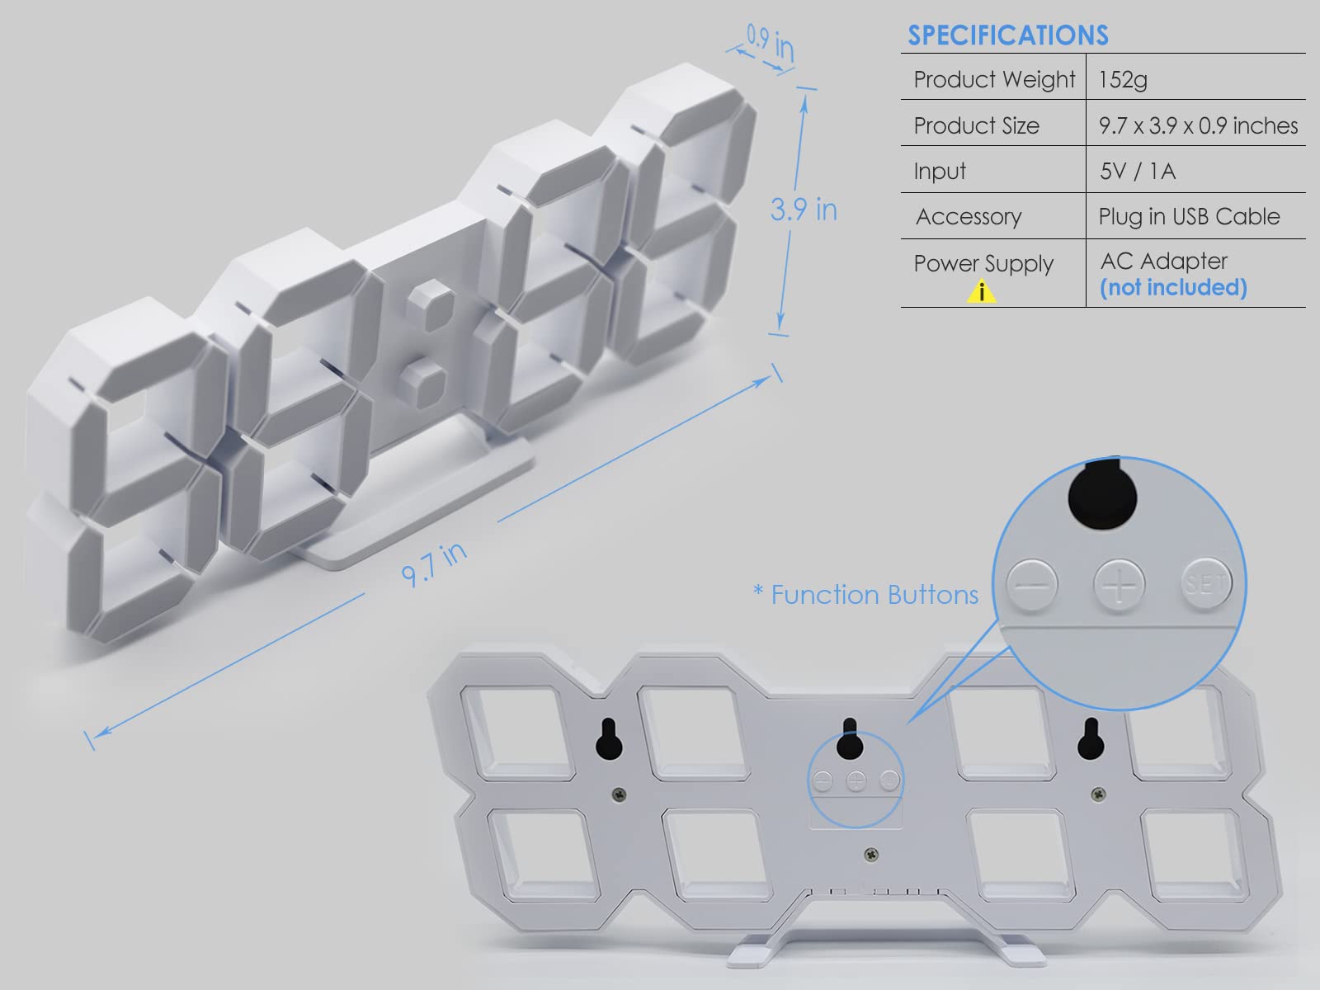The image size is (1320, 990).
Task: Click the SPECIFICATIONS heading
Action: [x=1008, y=35]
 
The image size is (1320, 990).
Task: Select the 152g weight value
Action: [x=1123, y=79]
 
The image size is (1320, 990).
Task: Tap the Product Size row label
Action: [x=976, y=125]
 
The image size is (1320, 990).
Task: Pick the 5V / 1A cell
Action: [x=1137, y=172]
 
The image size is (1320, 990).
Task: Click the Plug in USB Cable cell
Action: [x=1189, y=216]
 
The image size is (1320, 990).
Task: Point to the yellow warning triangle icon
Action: [x=982, y=291]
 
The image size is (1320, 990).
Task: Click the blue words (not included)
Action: [x=1173, y=287]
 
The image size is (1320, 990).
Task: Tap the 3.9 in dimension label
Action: [x=804, y=210]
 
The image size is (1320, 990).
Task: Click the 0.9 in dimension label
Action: [x=771, y=42]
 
